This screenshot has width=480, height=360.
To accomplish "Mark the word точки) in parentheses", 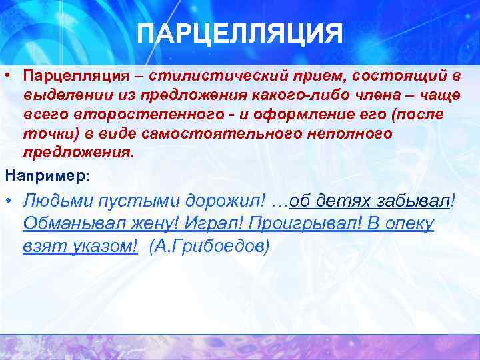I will [49, 134].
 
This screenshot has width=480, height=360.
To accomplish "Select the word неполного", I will [350, 134].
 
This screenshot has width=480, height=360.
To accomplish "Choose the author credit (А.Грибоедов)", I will [209, 247].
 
